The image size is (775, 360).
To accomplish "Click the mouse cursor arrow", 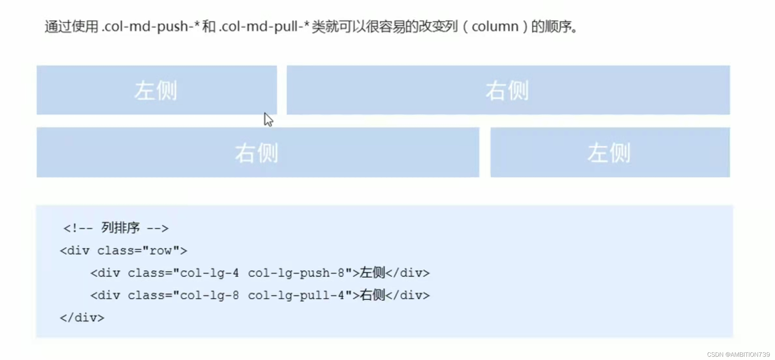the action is (x=268, y=119).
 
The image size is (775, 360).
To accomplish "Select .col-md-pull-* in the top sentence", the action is (x=264, y=26).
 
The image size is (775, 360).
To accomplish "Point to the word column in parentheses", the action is (x=495, y=26).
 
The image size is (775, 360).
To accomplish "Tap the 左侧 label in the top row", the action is (x=156, y=90).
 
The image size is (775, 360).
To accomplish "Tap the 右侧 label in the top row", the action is (x=507, y=90).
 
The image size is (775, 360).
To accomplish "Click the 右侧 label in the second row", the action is (x=257, y=153).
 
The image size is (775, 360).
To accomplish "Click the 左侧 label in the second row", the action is (x=609, y=153).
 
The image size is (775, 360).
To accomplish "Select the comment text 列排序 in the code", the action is (x=120, y=228).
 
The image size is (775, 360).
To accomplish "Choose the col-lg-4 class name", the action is (x=209, y=273).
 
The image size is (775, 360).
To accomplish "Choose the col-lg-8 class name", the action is (x=209, y=295).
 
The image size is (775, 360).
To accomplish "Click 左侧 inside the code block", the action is (x=372, y=273).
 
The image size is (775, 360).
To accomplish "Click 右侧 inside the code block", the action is (x=372, y=295).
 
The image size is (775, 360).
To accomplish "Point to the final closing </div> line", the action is (x=82, y=318).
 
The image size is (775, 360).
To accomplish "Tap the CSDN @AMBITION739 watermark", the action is (x=738, y=354).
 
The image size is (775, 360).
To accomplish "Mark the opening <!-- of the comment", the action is (x=78, y=228).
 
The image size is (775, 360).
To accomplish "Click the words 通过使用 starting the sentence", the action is (x=71, y=26).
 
